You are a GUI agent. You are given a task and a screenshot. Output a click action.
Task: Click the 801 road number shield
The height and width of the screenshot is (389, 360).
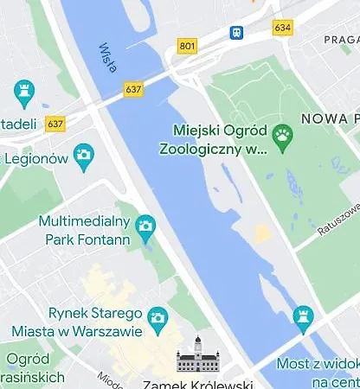click(x=187, y=46)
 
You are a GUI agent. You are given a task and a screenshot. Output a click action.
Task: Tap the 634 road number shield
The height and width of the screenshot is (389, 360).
click(x=282, y=28)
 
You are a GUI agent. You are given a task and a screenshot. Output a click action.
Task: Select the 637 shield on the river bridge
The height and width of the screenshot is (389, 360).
click(x=133, y=89)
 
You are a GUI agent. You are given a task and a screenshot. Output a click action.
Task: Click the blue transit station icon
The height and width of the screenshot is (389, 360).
click(x=236, y=33)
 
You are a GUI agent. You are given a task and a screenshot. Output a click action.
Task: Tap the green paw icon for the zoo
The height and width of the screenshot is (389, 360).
click(x=282, y=135)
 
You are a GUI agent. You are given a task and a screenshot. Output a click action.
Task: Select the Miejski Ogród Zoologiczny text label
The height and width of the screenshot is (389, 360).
click(x=214, y=139)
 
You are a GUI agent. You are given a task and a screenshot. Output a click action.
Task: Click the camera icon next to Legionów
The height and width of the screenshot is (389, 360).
click(x=83, y=156)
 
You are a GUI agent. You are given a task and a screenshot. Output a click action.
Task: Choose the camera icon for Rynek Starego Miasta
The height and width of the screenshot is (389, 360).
click(x=157, y=318)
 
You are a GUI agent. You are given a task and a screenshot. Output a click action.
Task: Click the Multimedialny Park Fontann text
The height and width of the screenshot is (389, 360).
click(x=84, y=230)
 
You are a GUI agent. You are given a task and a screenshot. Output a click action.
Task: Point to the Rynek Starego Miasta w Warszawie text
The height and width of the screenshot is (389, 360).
click(x=78, y=322)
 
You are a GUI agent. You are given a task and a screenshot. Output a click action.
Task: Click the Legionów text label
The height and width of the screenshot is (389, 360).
click(x=36, y=158)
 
